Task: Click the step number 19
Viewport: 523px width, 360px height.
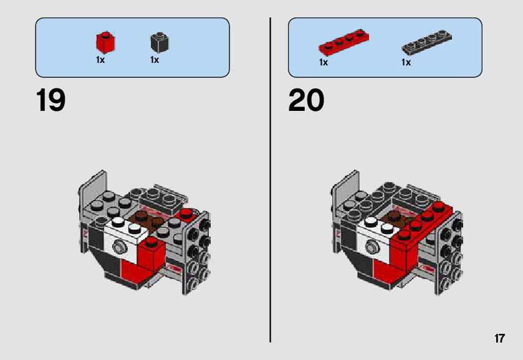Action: (50, 100)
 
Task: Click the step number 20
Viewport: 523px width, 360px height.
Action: (306, 100)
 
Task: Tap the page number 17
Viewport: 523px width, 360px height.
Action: (499, 339)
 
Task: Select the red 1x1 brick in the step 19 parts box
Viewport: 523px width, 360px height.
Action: (105, 42)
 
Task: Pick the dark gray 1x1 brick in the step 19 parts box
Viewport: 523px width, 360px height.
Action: (160, 42)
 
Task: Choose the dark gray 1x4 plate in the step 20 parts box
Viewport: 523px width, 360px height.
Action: (426, 42)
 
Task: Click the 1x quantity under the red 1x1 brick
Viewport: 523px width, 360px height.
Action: (100, 60)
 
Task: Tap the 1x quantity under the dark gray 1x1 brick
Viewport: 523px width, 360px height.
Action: (155, 60)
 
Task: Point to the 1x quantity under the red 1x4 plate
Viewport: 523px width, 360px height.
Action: (324, 62)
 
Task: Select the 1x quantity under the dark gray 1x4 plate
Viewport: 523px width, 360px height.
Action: (406, 62)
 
